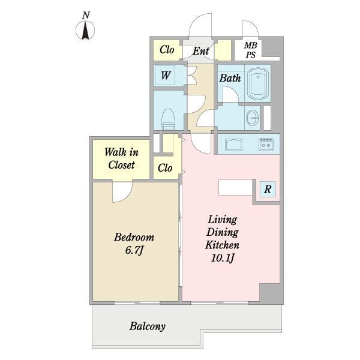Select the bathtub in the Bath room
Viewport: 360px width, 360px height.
point(258,83)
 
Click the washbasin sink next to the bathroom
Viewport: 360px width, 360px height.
point(253,118)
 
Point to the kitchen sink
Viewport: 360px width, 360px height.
point(233,145)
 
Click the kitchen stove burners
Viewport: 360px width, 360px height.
point(266,145)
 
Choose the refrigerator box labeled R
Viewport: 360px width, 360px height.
point(268,189)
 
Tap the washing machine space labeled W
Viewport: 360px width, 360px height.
point(165,76)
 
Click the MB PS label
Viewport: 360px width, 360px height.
point(250,50)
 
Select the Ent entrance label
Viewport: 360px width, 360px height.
point(200,51)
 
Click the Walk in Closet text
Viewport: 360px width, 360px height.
point(121,158)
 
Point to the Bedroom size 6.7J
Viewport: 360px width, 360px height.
point(134,250)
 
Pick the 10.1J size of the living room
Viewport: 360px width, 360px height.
point(223,258)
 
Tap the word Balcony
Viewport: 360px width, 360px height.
point(148,326)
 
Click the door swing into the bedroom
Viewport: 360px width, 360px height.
point(122,193)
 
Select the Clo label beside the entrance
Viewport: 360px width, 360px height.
point(167,50)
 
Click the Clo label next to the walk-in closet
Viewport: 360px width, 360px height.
point(165,168)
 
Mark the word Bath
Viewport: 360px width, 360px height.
point(230,78)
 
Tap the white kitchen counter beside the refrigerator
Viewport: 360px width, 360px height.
point(235,188)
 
